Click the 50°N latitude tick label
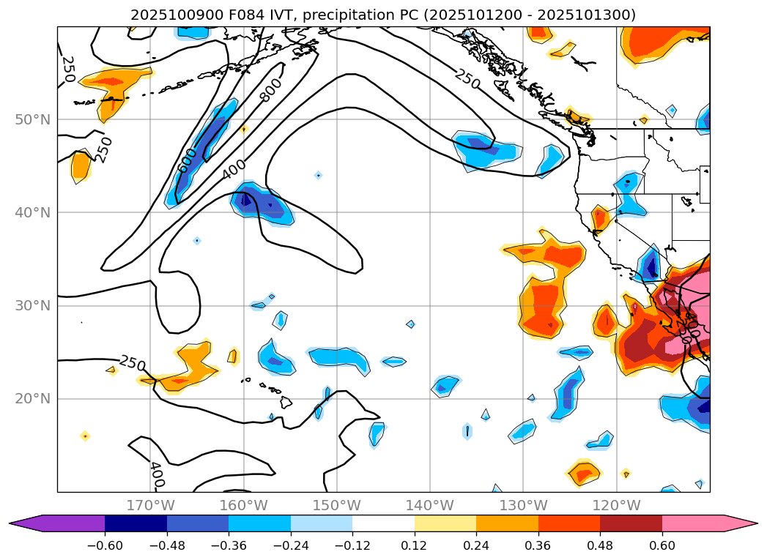pyautogui.click(x=34, y=119)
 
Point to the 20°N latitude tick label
pyautogui.click(x=34, y=399)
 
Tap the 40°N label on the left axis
pyautogui.click(x=34, y=212)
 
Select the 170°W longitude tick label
pyautogui.click(x=150, y=505)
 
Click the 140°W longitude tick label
pyautogui.click(x=429, y=505)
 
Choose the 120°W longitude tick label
pyautogui.click(x=615, y=505)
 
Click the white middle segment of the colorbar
pyautogui.click(x=383, y=523)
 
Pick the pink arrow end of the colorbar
pyautogui.click(x=740, y=523)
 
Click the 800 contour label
pyautogui.click(x=270, y=89)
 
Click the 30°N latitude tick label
pyautogui.click(x=34, y=305)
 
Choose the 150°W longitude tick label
pyautogui.click(x=336, y=505)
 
